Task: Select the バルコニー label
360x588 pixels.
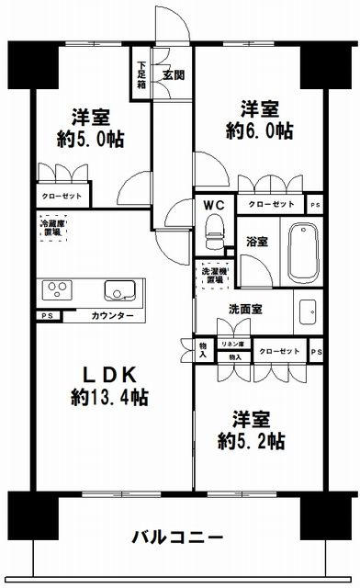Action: point(176,536)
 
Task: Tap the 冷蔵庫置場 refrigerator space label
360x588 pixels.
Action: point(50,227)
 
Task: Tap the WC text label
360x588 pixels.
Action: point(214,205)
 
